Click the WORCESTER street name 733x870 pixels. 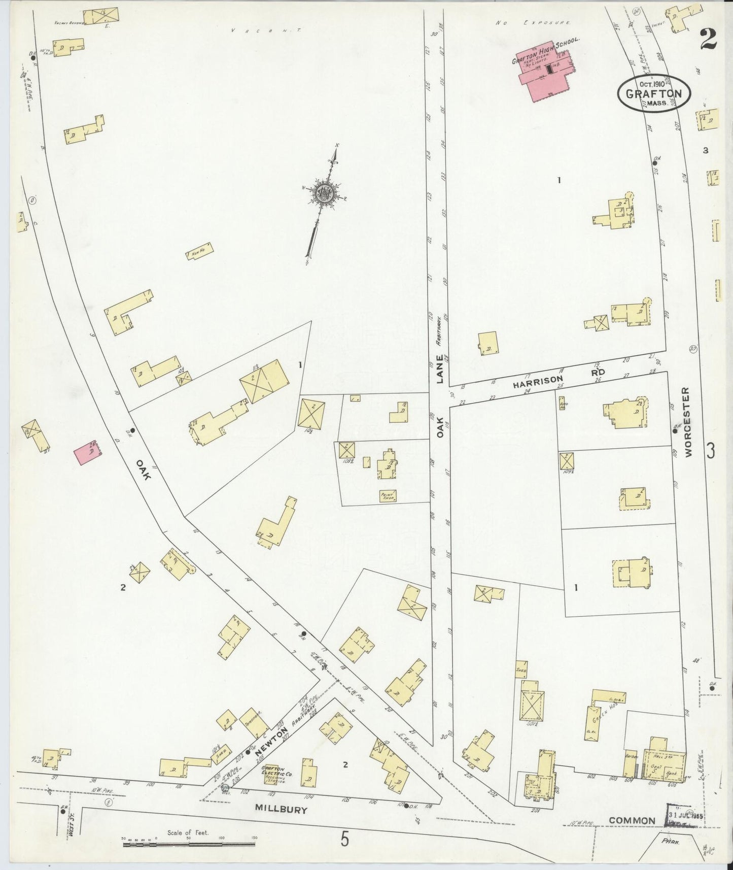(x=687, y=423)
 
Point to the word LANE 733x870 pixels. (x=439, y=376)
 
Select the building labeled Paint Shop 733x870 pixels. (x=388, y=496)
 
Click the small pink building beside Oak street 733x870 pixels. (x=87, y=453)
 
